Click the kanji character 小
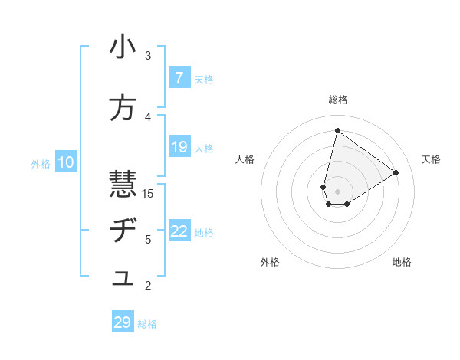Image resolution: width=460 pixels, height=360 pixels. click(x=123, y=48)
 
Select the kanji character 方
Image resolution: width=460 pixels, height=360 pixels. click(x=123, y=110)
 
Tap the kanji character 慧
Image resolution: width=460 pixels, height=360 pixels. click(x=123, y=185)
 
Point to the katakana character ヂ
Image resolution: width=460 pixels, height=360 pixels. click(x=123, y=231)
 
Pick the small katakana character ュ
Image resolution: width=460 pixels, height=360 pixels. click(x=123, y=280)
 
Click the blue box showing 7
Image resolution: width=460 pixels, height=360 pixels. click(x=179, y=78)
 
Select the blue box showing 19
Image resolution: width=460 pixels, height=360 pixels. click(x=179, y=147)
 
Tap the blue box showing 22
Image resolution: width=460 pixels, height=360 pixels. click(x=179, y=231)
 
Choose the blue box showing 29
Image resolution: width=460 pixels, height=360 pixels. click(x=123, y=322)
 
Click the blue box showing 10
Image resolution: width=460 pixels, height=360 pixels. click(x=66, y=162)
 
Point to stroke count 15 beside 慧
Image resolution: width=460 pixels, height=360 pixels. click(x=148, y=194)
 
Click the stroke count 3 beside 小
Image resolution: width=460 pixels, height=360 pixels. click(x=148, y=56)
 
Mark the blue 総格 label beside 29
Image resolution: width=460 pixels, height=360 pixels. click(x=147, y=324)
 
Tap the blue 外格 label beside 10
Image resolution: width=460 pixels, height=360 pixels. click(x=41, y=163)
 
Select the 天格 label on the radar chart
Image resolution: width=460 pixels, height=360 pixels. click(x=431, y=159)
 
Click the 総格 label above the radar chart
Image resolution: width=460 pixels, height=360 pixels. click(x=338, y=100)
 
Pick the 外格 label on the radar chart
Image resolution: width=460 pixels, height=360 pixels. click(x=270, y=263)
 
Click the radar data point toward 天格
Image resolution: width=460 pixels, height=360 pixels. click(x=396, y=172)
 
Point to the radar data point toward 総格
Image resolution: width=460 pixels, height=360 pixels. click(x=337, y=130)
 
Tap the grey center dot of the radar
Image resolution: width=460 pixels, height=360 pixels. click(x=337, y=191)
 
